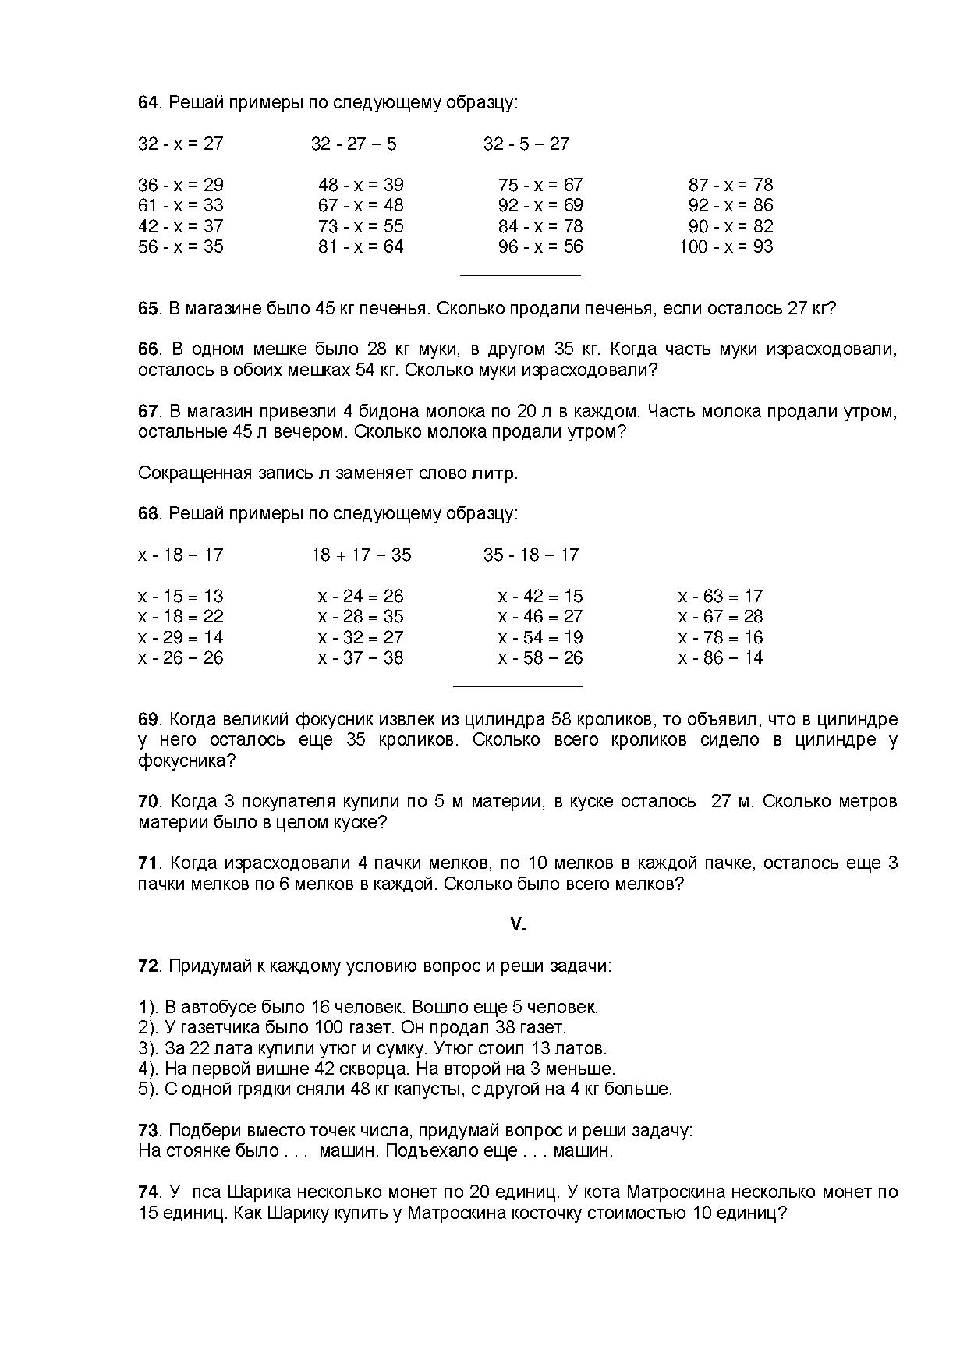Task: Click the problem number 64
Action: [148, 102]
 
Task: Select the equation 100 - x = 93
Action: [725, 246]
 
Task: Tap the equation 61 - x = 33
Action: [181, 205]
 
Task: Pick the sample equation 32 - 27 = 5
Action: [353, 144]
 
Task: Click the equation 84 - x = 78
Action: [540, 226]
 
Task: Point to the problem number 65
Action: [148, 308]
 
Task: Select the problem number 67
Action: [148, 411]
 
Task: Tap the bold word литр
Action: [492, 473]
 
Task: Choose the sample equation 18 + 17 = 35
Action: [361, 555]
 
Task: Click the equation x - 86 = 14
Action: [721, 657]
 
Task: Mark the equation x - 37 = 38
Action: [361, 657]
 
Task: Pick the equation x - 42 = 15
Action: [540, 596]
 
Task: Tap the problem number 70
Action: [148, 801]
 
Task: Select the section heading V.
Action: [518, 924]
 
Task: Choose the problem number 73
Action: [148, 1130]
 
